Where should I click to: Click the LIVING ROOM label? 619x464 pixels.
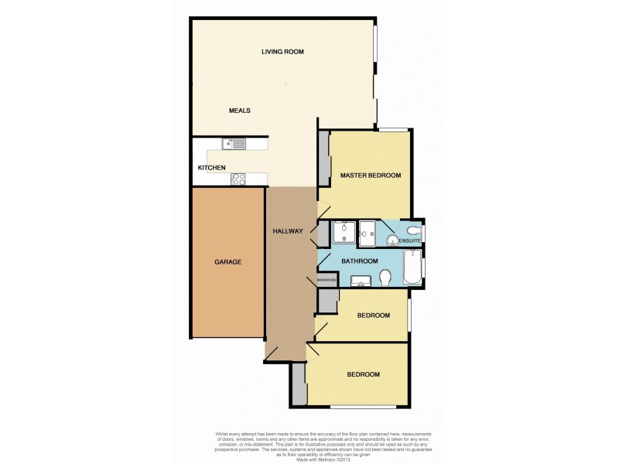(x=282, y=52)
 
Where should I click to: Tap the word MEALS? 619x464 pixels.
(x=239, y=111)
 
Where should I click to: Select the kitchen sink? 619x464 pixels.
(x=234, y=143)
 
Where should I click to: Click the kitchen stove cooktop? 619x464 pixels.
(x=238, y=179)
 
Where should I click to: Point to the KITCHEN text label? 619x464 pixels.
(x=211, y=168)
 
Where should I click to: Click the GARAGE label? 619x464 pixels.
(x=227, y=262)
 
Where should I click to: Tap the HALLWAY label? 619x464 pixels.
(x=288, y=232)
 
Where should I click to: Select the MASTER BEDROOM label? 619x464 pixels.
(x=371, y=176)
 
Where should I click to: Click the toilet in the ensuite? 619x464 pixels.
(x=413, y=230)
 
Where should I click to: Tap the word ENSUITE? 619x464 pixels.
(x=410, y=241)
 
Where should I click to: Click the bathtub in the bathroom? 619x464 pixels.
(x=412, y=269)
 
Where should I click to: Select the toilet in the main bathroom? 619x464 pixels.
(x=385, y=276)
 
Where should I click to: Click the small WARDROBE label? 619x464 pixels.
(x=327, y=279)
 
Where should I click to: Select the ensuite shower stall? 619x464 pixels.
(x=368, y=230)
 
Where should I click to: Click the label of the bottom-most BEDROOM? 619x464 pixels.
(x=363, y=374)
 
